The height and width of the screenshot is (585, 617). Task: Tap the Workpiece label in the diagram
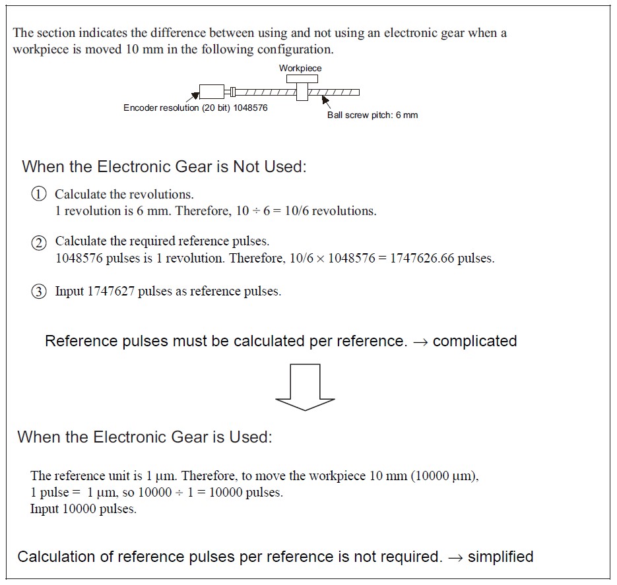[x=300, y=68]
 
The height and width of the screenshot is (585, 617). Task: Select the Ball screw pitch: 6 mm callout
[x=372, y=115]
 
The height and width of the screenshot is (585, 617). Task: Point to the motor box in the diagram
[x=211, y=92]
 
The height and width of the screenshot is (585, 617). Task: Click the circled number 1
[x=40, y=194]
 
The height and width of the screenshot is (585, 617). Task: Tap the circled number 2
[x=40, y=242]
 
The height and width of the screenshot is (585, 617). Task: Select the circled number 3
[x=40, y=292]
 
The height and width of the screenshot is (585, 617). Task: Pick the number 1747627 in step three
[x=112, y=292]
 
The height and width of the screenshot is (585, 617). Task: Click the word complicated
[x=474, y=341]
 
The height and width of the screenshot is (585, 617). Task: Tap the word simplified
[x=500, y=557]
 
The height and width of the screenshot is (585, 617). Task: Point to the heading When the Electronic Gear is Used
[x=145, y=437]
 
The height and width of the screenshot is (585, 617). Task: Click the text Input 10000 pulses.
[x=83, y=508]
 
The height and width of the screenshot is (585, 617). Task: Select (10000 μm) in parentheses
[x=443, y=476]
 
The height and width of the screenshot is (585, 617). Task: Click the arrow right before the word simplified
[x=455, y=557]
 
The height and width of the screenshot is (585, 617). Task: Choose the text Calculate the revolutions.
[x=124, y=194]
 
